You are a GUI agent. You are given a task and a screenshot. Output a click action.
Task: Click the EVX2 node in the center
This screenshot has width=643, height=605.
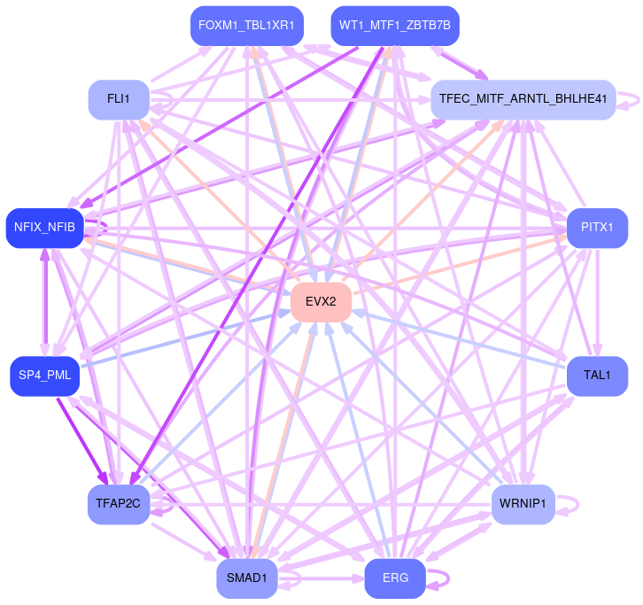tap(321, 302)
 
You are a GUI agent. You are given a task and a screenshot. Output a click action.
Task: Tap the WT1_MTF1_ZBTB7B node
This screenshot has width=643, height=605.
tap(395, 26)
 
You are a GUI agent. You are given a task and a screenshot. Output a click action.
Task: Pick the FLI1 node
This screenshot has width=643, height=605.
tap(119, 99)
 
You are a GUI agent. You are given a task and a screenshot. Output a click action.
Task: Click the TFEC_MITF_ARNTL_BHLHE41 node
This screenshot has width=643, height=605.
tap(523, 99)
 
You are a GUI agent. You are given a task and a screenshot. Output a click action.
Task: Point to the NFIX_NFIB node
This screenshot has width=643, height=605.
tap(45, 229)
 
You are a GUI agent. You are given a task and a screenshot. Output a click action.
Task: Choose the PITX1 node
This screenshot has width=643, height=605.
tap(597, 229)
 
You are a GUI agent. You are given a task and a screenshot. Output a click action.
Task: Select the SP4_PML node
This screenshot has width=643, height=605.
tap(45, 376)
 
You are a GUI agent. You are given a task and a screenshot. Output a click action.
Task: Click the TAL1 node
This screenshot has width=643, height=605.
tap(597, 376)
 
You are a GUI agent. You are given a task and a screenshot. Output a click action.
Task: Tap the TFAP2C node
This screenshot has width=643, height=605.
tap(119, 505)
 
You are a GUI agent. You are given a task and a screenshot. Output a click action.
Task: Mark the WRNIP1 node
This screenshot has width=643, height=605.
tap(523, 505)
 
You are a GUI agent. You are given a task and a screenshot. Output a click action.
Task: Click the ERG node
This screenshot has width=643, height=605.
tap(395, 578)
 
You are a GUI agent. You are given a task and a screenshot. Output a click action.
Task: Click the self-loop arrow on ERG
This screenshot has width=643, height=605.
tap(447, 578)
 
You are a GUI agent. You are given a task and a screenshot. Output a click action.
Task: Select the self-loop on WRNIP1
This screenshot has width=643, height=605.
tap(577, 505)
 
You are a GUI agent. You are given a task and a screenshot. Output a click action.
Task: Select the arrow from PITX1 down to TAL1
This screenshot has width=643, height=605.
tap(598, 301)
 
